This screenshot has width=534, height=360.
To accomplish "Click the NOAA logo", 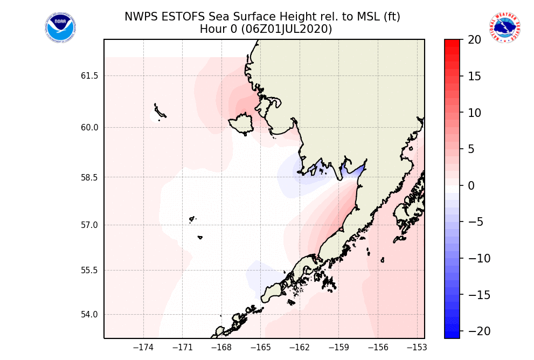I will click(60, 28).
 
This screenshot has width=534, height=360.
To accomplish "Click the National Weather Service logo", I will click(505, 28).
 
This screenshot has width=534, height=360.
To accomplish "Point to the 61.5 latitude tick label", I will click(89, 76).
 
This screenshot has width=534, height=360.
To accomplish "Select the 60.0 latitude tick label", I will click(89, 128).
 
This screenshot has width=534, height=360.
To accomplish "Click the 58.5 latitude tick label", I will click(89, 177).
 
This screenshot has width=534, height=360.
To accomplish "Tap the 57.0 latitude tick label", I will click(89, 225).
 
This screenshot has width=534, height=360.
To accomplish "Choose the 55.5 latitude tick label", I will click(89, 271).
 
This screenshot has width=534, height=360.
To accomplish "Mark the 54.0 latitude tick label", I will click(89, 315).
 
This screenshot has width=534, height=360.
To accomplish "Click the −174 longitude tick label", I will click(144, 348).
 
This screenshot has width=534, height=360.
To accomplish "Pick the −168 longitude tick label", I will click(221, 348).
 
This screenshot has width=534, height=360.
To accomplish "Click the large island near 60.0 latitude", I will click(242, 124).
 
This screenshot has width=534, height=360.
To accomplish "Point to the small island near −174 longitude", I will click(159, 112).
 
